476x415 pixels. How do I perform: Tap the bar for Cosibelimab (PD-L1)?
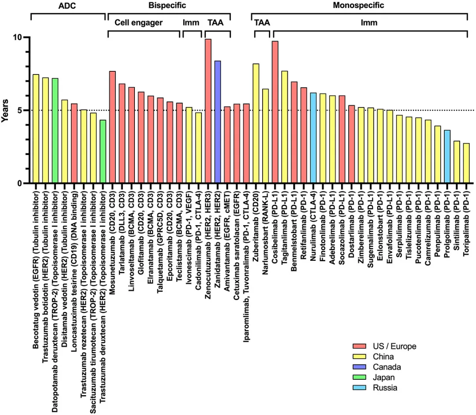point(275,112)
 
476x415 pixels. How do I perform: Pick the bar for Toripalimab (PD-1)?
point(466,163)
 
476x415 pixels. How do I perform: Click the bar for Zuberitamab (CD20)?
point(256,123)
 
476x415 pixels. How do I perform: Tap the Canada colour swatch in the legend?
point(357,367)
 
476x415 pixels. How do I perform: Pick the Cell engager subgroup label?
point(138,22)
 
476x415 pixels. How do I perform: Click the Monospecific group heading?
point(358,6)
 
